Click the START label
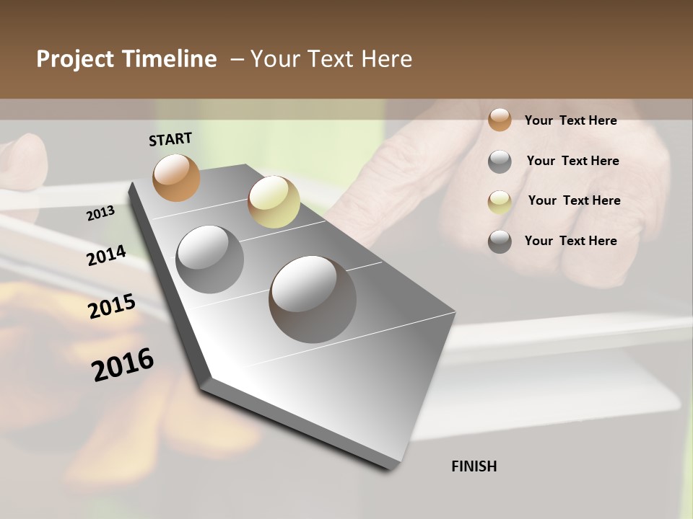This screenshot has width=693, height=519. [170, 139]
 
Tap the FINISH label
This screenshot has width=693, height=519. [474, 466]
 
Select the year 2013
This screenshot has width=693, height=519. [101, 213]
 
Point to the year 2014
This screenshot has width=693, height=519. [106, 256]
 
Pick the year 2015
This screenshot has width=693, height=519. [112, 307]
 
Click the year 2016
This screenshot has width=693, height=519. [123, 365]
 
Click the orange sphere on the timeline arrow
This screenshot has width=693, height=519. [176, 177]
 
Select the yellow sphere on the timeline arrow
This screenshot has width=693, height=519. [274, 202]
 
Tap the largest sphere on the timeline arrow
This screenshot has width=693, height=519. [313, 299]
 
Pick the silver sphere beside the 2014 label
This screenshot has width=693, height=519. [210, 259]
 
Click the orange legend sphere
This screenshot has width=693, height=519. [500, 120]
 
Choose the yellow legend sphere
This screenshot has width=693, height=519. [500, 202]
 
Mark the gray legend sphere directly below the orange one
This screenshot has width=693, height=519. [500, 161]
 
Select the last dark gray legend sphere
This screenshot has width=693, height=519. [500, 241]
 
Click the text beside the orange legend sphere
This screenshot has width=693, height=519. [570, 120]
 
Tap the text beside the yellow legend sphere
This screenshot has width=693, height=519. [574, 200]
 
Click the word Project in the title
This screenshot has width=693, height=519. [74, 59]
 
